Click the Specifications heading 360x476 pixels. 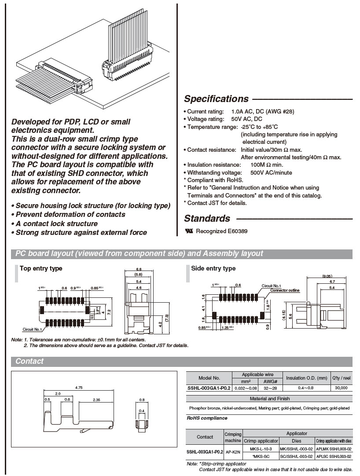pyautogui.click(x=216, y=99)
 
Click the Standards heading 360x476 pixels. pyautogui.click(x=207, y=219)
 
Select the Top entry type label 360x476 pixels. pyautogui.click(x=41, y=268)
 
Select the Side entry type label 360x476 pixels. pyautogui.click(x=213, y=268)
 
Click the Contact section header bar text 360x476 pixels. pyautogui.click(x=29, y=361)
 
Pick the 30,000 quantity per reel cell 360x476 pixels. pyautogui.click(x=341, y=388)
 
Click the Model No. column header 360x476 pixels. pyautogui.click(x=209, y=378)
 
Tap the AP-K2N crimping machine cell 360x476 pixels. pyautogui.click(x=233, y=452)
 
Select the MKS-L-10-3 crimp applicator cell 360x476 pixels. pyautogui.click(x=261, y=449)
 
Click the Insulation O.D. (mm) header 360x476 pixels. pyautogui.click(x=307, y=378)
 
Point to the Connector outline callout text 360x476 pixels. pyautogui.click(x=285, y=290)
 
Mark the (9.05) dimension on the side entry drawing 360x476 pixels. pyautogui.click(x=327, y=276)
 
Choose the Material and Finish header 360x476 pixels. pyautogui.click(x=269, y=399)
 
